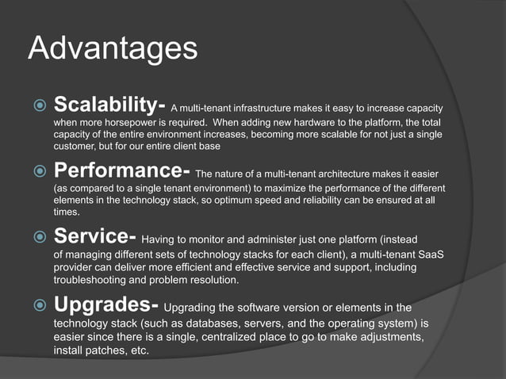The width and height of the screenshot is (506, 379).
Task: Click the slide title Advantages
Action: pos(112,49)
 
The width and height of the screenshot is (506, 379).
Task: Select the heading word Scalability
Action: pos(107,105)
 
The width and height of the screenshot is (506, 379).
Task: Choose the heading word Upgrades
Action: pos(105,304)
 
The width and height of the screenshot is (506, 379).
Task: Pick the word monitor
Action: pos(225,239)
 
